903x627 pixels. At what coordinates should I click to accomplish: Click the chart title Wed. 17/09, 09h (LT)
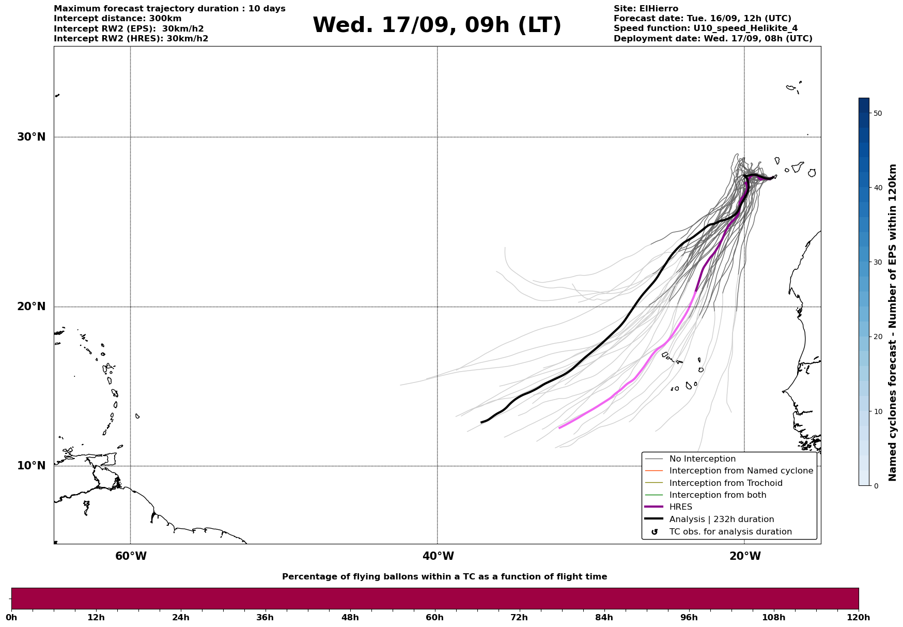coord(437,25)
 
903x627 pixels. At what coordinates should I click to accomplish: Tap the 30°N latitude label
coord(31,137)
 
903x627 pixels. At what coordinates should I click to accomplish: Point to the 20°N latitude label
coord(31,307)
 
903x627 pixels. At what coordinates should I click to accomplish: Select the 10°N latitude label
coord(31,466)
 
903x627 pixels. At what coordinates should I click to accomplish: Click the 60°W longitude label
coord(131,556)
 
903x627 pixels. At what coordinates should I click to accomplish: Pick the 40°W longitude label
coord(438,556)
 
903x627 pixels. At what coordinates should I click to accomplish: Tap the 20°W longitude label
coord(745,556)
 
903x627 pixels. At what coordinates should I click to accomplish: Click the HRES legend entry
coord(680,507)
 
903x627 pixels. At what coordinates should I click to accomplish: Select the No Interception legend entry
coord(702,459)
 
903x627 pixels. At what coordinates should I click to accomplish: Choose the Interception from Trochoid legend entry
coord(725,483)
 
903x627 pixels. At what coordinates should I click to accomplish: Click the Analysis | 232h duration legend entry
coord(721,519)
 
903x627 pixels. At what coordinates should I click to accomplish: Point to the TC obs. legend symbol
coord(655,532)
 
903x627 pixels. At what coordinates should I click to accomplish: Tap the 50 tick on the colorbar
coord(877,113)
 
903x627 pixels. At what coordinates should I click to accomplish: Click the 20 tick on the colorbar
coord(877,337)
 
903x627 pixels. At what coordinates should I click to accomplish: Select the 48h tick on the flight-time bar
coord(350,617)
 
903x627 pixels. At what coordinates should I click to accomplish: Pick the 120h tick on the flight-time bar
coord(858,617)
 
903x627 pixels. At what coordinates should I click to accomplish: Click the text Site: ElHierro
coord(646,9)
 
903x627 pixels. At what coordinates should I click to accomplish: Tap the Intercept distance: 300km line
coord(117,19)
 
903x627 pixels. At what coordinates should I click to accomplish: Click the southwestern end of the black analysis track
coord(481,422)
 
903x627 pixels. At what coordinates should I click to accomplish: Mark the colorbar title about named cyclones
coord(893,323)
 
